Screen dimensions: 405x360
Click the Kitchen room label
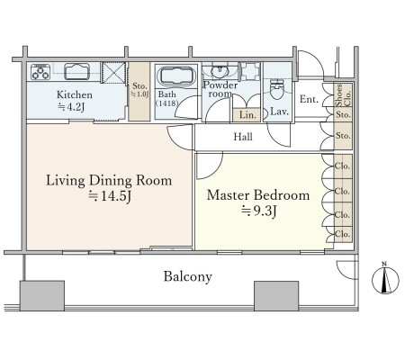(75, 94)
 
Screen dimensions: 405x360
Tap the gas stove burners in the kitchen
(40, 72)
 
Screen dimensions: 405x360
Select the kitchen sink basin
(77, 71)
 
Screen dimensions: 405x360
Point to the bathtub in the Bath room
(176, 76)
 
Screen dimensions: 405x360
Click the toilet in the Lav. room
(277, 88)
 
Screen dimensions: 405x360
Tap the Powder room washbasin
(220, 72)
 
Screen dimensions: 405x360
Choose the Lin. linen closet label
(247, 115)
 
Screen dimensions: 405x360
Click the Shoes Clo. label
(343, 95)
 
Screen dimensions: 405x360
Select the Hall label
(243, 137)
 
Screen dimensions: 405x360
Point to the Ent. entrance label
(309, 99)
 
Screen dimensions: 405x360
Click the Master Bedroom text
(258, 195)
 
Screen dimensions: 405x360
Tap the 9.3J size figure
(258, 211)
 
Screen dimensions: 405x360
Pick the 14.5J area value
(110, 196)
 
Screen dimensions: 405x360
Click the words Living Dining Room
(109, 181)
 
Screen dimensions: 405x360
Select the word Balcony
(188, 276)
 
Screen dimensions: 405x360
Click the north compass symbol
(385, 279)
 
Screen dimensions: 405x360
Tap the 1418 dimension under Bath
(166, 103)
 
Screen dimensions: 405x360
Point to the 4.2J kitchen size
(71, 106)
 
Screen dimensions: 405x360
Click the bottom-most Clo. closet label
(343, 234)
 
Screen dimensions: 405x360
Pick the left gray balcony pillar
(42, 296)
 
